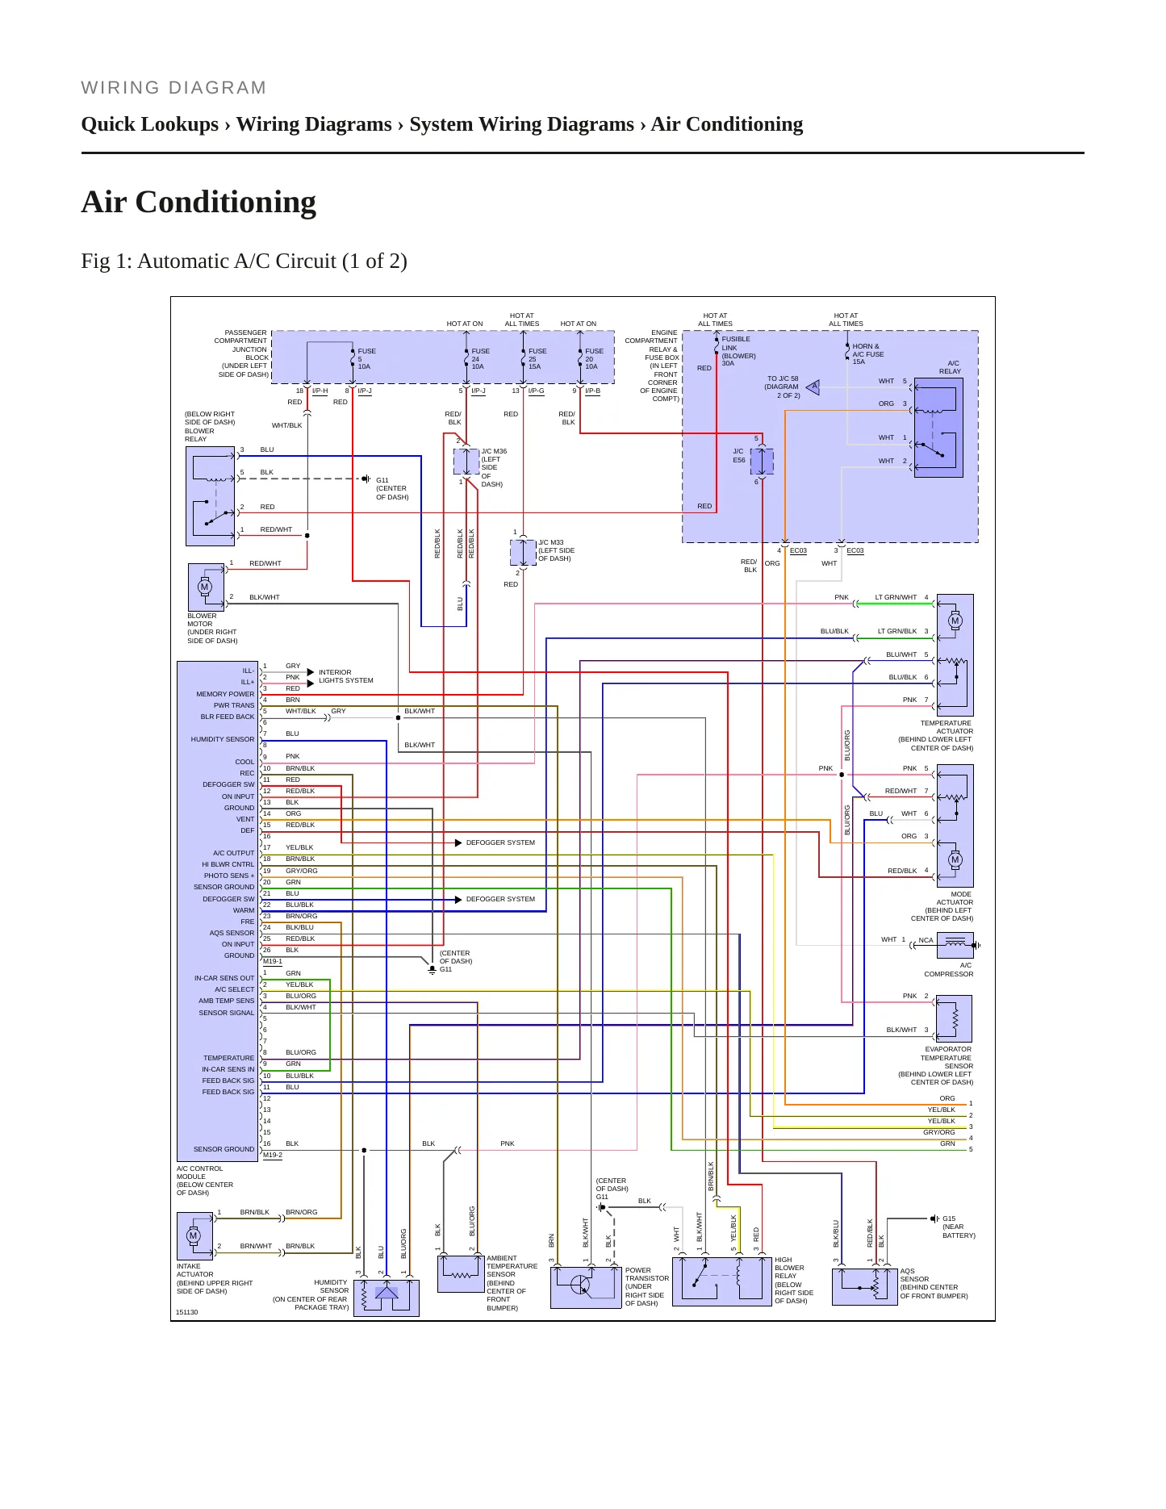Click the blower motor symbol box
tap(206, 587)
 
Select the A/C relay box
tap(938, 428)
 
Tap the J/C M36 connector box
tap(466, 462)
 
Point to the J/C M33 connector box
tap(523, 553)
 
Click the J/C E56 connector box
tap(762, 461)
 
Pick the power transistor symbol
tap(586, 1287)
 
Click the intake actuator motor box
tap(194, 1235)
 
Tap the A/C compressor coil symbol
tap(955, 945)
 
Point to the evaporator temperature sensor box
tap(954, 1018)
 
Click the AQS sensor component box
tap(865, 1286)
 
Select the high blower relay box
tap(722, 1281)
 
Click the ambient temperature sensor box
tap(461, 1274)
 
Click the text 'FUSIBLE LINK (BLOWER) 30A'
tap(738, 351)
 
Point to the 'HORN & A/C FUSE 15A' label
tap(868, 353)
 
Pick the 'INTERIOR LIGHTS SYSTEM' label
tap(346, 676)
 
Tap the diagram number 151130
tap(187, 1312)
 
